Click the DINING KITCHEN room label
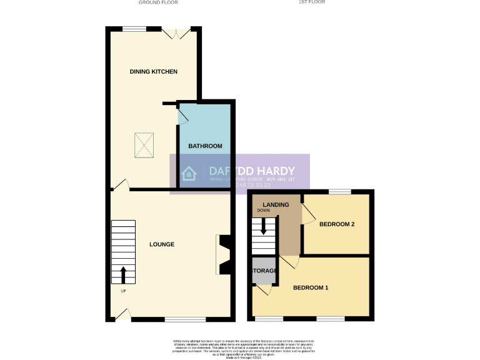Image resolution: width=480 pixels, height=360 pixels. pyautogui.click(x=153, y=72)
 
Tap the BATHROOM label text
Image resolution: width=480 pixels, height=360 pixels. pyautogui.click(x=205, y=146)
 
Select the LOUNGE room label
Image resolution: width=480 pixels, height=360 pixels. pyautogui.click(x=161, y=244)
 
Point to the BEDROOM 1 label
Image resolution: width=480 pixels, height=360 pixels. pyautogui.click(x=311, y=288)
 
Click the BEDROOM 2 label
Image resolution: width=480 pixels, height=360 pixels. pyautogui.click(x=337, y=224)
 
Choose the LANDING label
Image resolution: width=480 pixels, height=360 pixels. pyautogui.click(x=276, y=205)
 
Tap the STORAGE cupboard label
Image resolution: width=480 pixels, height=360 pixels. pyautogui.click(x=264, y=271)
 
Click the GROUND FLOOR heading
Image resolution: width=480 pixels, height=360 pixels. pyautogui.click(x=157, y=2)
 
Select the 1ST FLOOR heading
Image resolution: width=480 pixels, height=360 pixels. pyautogui.click(x=311, y=2)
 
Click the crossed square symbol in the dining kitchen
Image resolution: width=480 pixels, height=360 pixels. pyautogui.click(x=146, y=146)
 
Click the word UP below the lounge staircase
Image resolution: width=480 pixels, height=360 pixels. pyautogui.click(x=122, y=291)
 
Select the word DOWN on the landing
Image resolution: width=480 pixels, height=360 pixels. pyautogui.click(x=263, y=211)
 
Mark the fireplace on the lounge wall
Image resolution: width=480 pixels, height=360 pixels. pyautogui.click(x=223, y=254)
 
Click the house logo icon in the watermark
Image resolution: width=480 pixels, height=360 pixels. pyautogui.click(x=189, y=174)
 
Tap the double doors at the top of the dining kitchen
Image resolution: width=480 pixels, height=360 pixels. pyautogui.click(x=176, y=32)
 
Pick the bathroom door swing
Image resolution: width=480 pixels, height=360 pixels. pyautogui.click(x=183, y=115)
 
